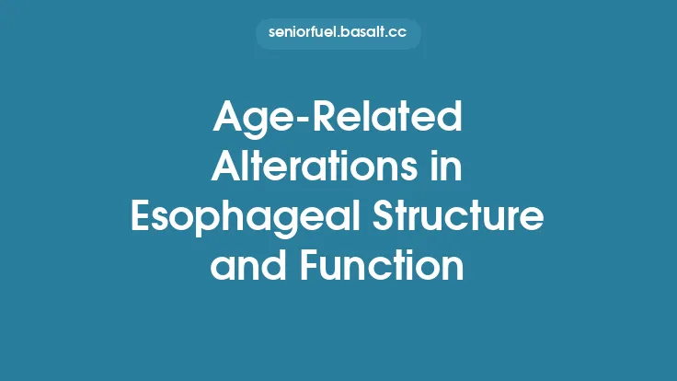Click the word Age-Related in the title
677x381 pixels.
coord(338,119)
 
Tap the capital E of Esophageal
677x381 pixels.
coord(141,217)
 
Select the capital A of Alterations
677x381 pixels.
coord(226,167)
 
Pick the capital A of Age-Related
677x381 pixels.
coord(226,119)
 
